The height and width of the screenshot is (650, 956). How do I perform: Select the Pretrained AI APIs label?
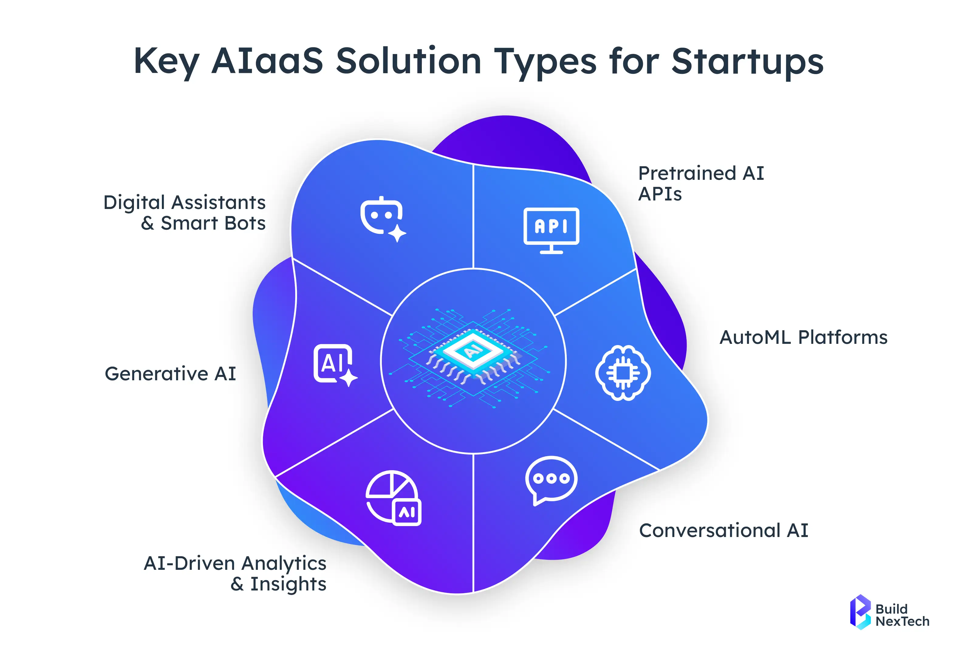(x=701, y=183)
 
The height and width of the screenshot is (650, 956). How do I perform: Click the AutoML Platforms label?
(x=803, y=337)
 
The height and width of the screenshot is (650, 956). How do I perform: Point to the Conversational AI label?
(x=723, y=530)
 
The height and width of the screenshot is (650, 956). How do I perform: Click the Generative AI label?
(x=170, y=374)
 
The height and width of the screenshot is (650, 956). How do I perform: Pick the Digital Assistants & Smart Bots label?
(x=185, y=213)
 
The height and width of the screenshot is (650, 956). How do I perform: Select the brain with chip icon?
(x=623, y=373)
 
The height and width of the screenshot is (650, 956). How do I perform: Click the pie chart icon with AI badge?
(x=393, y=498)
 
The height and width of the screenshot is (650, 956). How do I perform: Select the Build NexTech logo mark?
(x=860, y=612)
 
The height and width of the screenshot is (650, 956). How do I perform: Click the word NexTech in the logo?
(x=902, y=621)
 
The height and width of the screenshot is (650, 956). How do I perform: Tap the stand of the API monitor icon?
(x=551, y=250)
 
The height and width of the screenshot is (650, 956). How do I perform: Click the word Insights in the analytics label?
(x=288, y=584)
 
